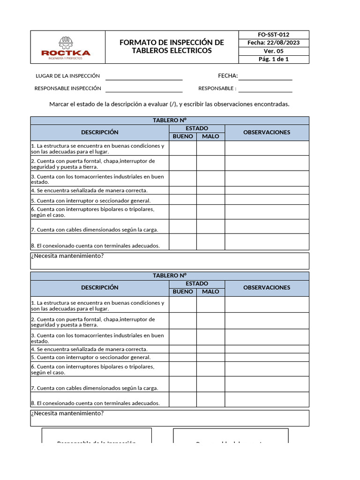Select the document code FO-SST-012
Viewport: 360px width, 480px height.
[274, 35]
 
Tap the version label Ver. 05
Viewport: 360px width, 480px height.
[274, 51]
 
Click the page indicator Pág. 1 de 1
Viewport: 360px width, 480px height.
[274, 60]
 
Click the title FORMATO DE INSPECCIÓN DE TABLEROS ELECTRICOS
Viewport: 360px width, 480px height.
[172, 46]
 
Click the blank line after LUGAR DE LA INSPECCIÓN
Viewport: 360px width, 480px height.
[144, 76]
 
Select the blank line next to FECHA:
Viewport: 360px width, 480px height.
[265, 76]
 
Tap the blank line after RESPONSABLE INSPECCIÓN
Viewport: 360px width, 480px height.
[144, 89]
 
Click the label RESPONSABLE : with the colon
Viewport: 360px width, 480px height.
[217, 89]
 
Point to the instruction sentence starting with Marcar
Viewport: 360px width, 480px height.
[169, 104]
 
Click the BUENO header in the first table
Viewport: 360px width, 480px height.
[183, 136]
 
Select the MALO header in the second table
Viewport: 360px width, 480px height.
[210, 292]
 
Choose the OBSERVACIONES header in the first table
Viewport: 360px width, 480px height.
[267, 132]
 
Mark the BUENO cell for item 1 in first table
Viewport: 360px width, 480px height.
[183, 148]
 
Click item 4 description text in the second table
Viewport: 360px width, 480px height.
[89, 349]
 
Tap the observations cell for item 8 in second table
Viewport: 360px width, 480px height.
[267, 399]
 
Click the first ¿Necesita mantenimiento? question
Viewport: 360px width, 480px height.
[67, 256]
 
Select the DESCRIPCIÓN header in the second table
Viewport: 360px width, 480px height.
[99, 287]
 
